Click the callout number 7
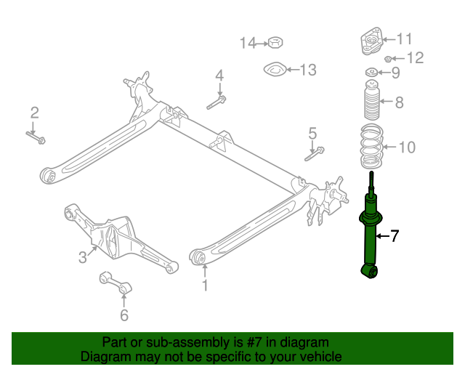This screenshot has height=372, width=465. point(395,235)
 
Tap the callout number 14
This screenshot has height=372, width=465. point(248,44)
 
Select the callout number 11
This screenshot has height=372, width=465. point(404,39)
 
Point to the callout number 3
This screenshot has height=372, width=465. point(83,256)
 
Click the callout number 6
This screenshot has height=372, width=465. point(124,315)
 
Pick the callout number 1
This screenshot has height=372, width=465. point(205,286)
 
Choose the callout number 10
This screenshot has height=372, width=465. point(407,147)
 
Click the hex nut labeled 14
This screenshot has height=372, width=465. point(275,42)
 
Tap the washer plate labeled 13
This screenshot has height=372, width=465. point(274,71)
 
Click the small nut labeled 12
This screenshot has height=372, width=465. point(389,58)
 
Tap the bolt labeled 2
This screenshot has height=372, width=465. point(36,135)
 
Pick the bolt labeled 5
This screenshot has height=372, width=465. point(315,153)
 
